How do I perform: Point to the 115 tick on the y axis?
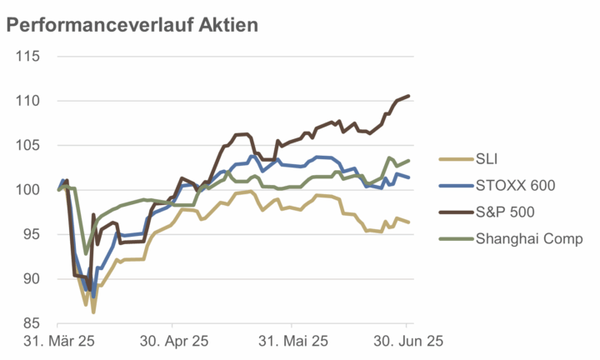click(29, 57)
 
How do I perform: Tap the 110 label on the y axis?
click(29, 101)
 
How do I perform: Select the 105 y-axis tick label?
click(29, 146)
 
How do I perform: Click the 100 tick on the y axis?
click(29, 190)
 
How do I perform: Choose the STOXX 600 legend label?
click(515, 185)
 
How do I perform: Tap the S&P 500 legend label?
click(506, 212)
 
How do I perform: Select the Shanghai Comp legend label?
click(529, 239)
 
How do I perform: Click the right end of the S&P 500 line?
click(408, 97)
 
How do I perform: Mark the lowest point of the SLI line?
click(93, 312)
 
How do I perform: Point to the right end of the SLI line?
click(408, 222)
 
